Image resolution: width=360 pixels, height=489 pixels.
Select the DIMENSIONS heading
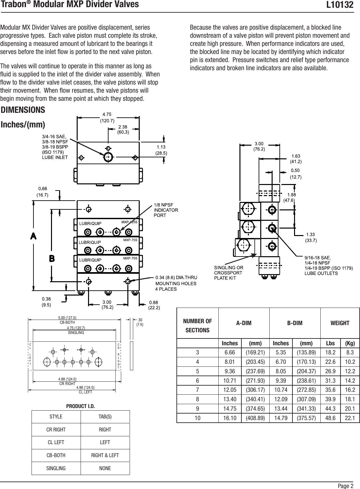(23, 110)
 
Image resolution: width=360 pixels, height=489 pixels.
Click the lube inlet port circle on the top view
(108, 157)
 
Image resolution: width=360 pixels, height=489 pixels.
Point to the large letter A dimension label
(33, 236)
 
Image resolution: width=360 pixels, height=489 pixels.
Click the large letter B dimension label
(52, 258)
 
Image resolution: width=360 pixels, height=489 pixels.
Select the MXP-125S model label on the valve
(129, 222)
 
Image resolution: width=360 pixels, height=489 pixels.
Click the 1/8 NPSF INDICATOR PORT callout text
(166, 210)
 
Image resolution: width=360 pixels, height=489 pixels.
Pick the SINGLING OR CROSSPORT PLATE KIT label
(228, 272)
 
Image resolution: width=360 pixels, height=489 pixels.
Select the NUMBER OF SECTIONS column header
(198, 325)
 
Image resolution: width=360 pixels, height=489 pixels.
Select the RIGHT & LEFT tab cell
(105, 455)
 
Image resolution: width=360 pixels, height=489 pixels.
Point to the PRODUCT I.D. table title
(81, 406)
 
